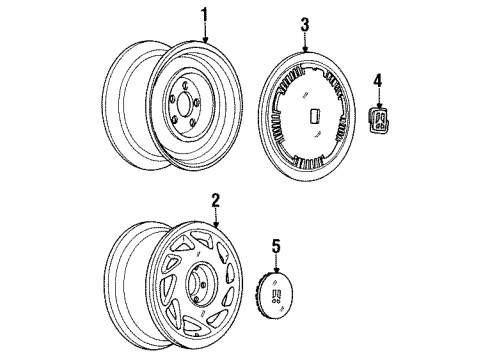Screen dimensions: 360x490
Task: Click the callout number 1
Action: pyautogui.click(x=205, y=15)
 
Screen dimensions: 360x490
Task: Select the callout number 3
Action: pyautogui.click(x=305, y=23)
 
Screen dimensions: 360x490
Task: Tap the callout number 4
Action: pyautogui.click(x=378, y=79)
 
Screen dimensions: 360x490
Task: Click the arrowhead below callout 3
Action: pyautogui.click(x=305, y=48)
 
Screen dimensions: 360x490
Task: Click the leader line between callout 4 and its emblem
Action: pyautogui.click(x=378, y=96)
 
